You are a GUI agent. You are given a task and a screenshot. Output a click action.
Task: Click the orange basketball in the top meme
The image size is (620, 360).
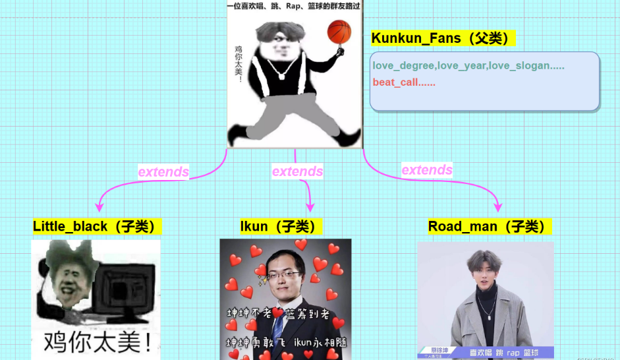(339, 31)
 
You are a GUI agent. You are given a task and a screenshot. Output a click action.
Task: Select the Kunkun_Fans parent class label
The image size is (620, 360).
(443, 38)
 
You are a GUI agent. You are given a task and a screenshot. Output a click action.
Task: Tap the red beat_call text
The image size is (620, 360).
(404, 82)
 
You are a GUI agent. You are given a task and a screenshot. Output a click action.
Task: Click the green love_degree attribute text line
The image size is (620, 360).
(468, 66)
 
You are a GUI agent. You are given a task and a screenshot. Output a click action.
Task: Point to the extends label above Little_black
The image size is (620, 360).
(163, 172)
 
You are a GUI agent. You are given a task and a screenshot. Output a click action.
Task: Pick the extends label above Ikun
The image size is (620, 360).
(297, 171)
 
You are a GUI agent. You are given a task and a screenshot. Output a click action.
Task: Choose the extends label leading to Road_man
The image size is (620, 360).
(427, 170)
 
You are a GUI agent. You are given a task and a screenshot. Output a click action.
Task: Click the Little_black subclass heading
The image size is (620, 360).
(96, 227)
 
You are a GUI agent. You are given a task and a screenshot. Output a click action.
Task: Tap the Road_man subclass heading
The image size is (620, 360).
(489, 227)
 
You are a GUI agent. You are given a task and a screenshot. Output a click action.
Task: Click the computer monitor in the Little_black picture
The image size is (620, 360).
(126, 289)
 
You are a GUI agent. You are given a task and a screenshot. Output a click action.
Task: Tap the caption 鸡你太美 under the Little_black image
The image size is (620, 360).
(96, 342)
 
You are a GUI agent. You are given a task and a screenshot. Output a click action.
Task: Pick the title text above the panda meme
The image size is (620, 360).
(293, 6)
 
